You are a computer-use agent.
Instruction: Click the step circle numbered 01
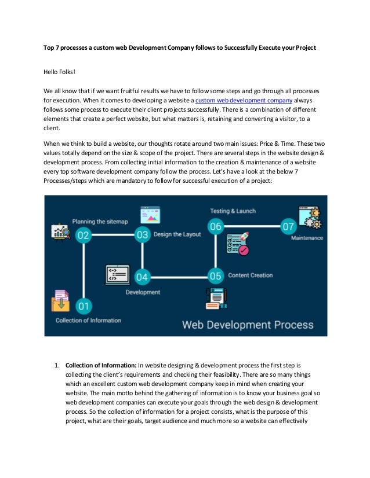(x=84, y=305)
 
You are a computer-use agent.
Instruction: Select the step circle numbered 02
(x=84, y=235)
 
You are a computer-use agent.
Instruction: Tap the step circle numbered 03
(x=143, y=235)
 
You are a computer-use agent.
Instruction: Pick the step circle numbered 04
(x=143, y=276)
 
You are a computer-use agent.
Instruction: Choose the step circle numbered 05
(x=215, y=276)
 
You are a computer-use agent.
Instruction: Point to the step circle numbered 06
(x=215, y=226)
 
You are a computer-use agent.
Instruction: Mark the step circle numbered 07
(x=288, y=226)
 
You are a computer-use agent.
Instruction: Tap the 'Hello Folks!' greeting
(x=60, y=73)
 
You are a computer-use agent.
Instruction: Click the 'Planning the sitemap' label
(x=99, y=221)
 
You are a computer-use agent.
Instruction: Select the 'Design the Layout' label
(x=177, y=234)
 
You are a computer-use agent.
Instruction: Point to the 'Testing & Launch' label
(x=233, y=211)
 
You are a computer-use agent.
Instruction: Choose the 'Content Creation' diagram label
(x=250, y=275)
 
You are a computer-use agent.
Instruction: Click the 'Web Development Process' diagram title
(x=248, y=324)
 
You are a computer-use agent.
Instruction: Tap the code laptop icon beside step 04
(x=118, y=274)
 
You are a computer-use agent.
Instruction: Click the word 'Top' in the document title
(x=50, y=47)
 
